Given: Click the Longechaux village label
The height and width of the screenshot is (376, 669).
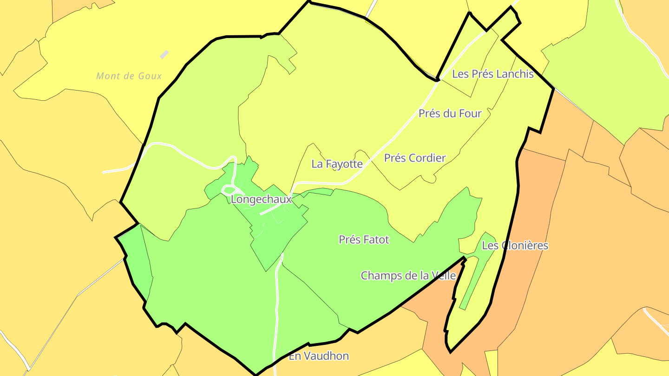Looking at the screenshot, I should click(x=261, y=200).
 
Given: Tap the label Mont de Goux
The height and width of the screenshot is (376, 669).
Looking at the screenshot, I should click(x=129, y=76).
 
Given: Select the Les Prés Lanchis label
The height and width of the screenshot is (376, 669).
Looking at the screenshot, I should click(x=492, y=74).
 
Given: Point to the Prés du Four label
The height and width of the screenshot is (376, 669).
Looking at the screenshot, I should click(x=450, y=113).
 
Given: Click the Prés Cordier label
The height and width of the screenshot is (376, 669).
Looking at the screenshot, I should click(x=414, y=158).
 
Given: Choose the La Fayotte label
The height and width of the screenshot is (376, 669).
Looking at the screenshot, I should click(x=337, y=163).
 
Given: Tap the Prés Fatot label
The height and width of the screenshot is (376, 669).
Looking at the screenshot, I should click(x=364, y=240).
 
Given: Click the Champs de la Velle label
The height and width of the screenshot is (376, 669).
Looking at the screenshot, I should click(x=408, y=275).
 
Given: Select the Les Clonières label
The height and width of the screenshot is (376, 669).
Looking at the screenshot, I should click(x=515, y=246).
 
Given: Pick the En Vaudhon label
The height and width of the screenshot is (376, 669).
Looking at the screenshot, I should click(x=319, y=356).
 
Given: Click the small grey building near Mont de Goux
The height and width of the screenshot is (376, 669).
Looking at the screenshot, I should click(x=164, y=54).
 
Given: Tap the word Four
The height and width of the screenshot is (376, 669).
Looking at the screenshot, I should click(x=470, y=113).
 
